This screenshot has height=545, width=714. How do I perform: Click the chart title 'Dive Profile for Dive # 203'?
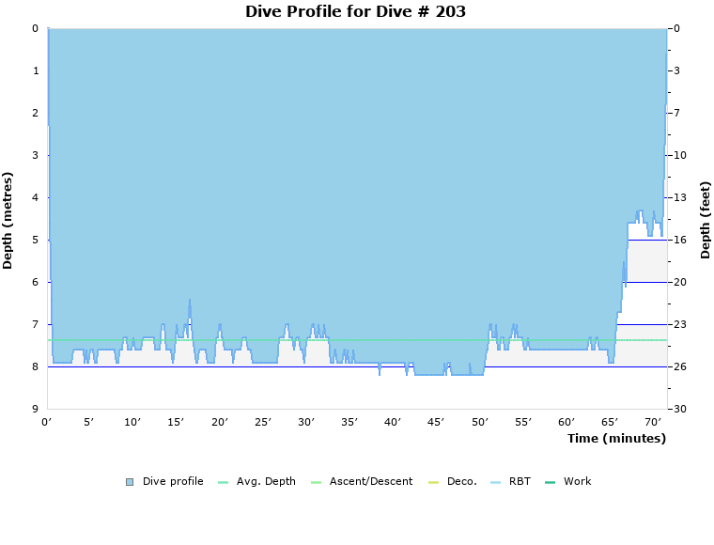355,12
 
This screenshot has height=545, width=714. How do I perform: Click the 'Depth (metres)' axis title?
8,220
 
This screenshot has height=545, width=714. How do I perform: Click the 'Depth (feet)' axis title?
705,220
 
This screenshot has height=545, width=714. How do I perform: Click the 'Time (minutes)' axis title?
616,439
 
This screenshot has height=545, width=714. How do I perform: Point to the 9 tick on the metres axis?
35,409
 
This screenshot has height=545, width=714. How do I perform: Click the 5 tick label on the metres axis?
35,240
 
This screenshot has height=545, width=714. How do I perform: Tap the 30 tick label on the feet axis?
679,409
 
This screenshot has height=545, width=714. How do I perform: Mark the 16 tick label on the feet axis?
679,240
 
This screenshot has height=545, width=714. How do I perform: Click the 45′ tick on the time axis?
436,423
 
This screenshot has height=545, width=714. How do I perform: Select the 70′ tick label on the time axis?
653,423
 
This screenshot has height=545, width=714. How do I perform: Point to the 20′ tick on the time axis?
220,423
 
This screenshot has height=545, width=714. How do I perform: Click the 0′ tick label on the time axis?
47,423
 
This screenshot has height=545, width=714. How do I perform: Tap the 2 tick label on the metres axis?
35,113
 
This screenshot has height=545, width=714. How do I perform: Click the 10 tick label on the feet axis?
679,155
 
